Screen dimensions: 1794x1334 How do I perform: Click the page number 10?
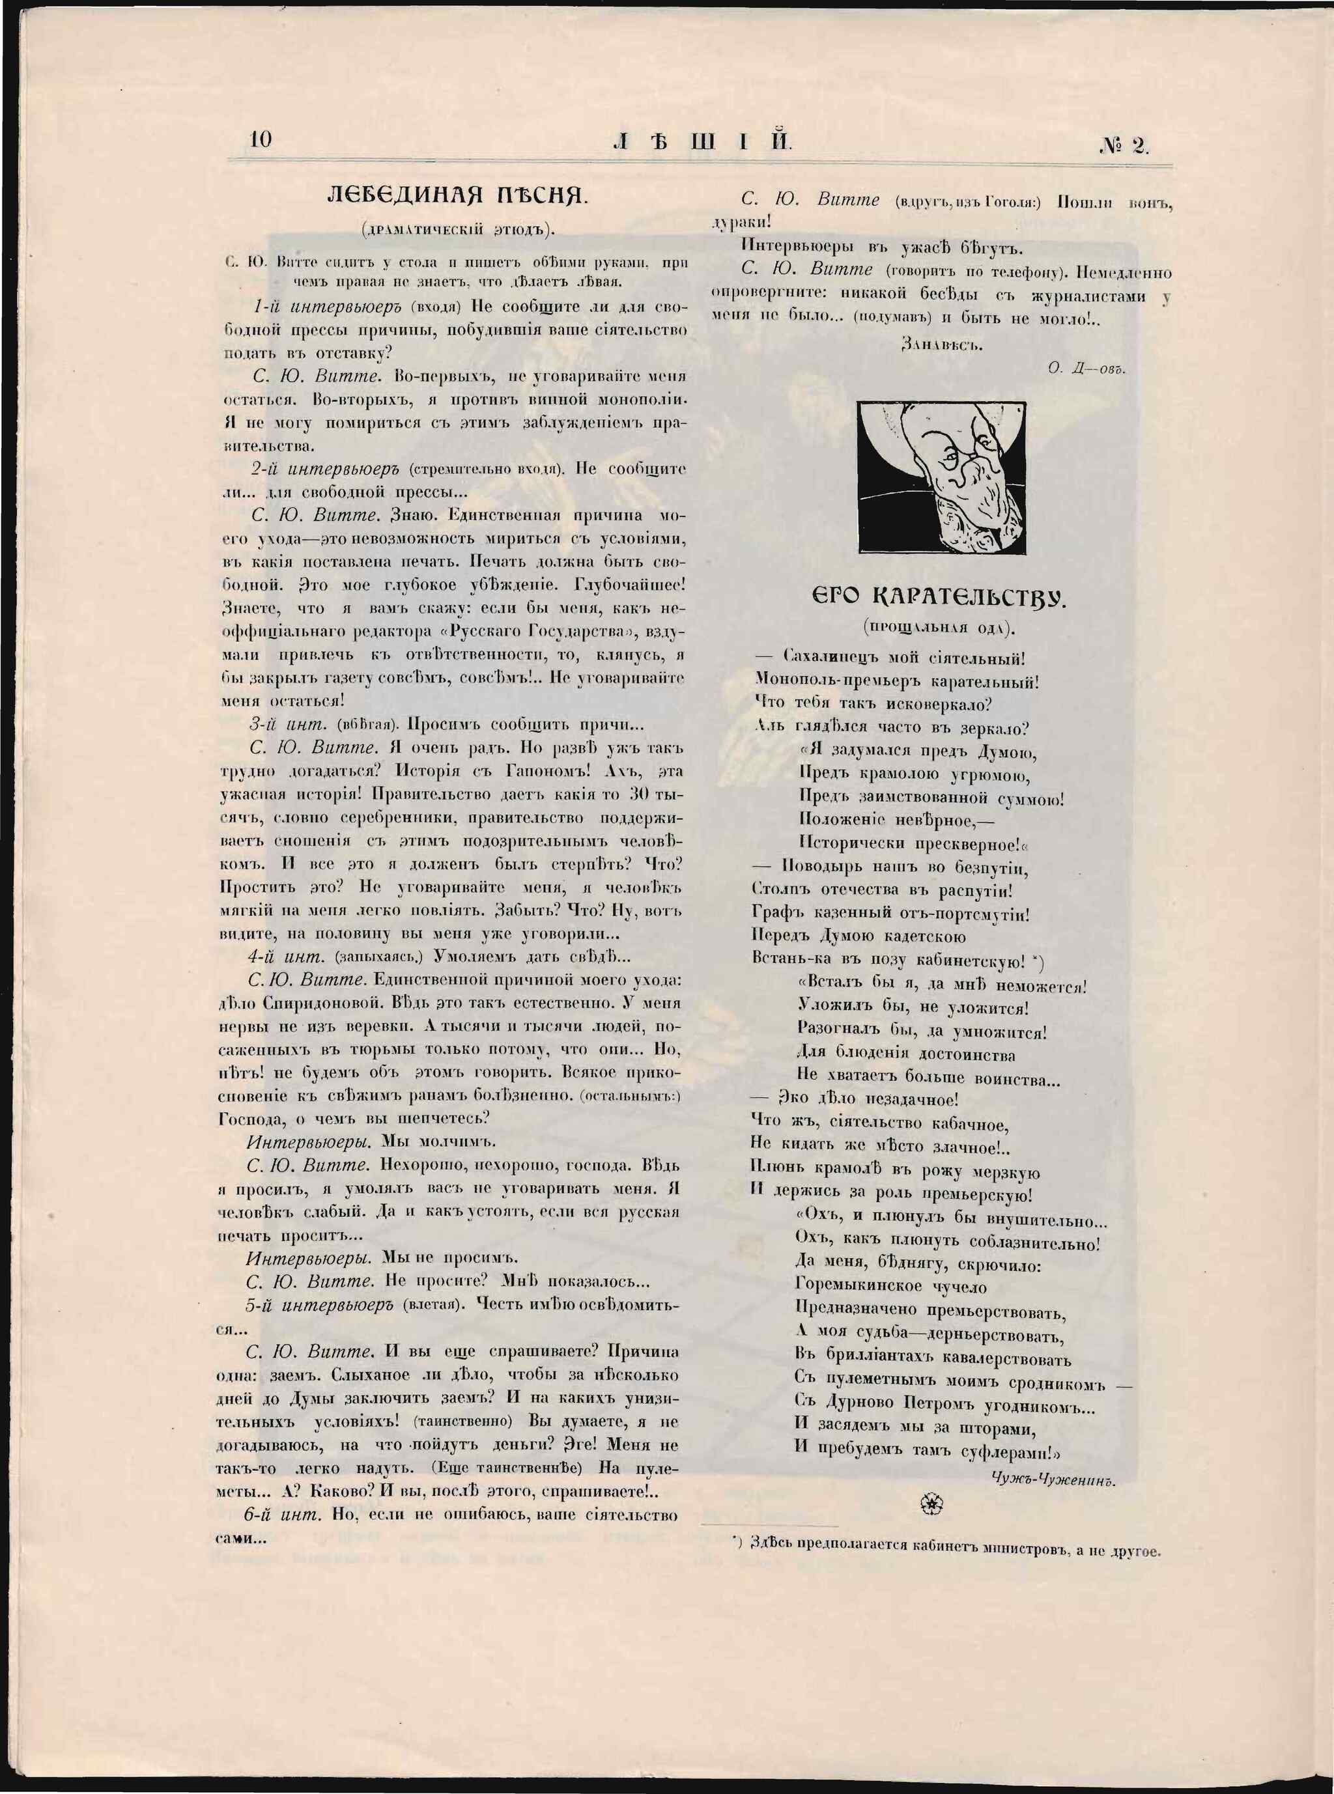tap(262, 139)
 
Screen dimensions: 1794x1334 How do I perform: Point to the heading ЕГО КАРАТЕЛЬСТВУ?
tap(939, 598)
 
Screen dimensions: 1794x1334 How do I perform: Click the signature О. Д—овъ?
tap(1086, 367)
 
